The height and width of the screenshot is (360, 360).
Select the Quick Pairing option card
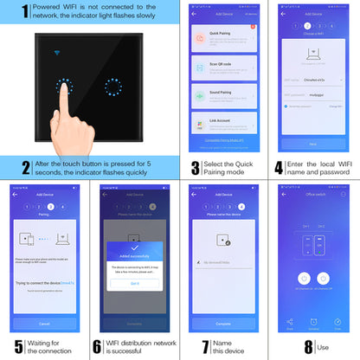(x=227, y=39)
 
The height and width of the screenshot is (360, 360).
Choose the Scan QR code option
(x=227, y=70)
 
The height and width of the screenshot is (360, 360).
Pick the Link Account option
(x=227, y=132)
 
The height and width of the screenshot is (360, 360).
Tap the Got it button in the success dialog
(x=135, y=283)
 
